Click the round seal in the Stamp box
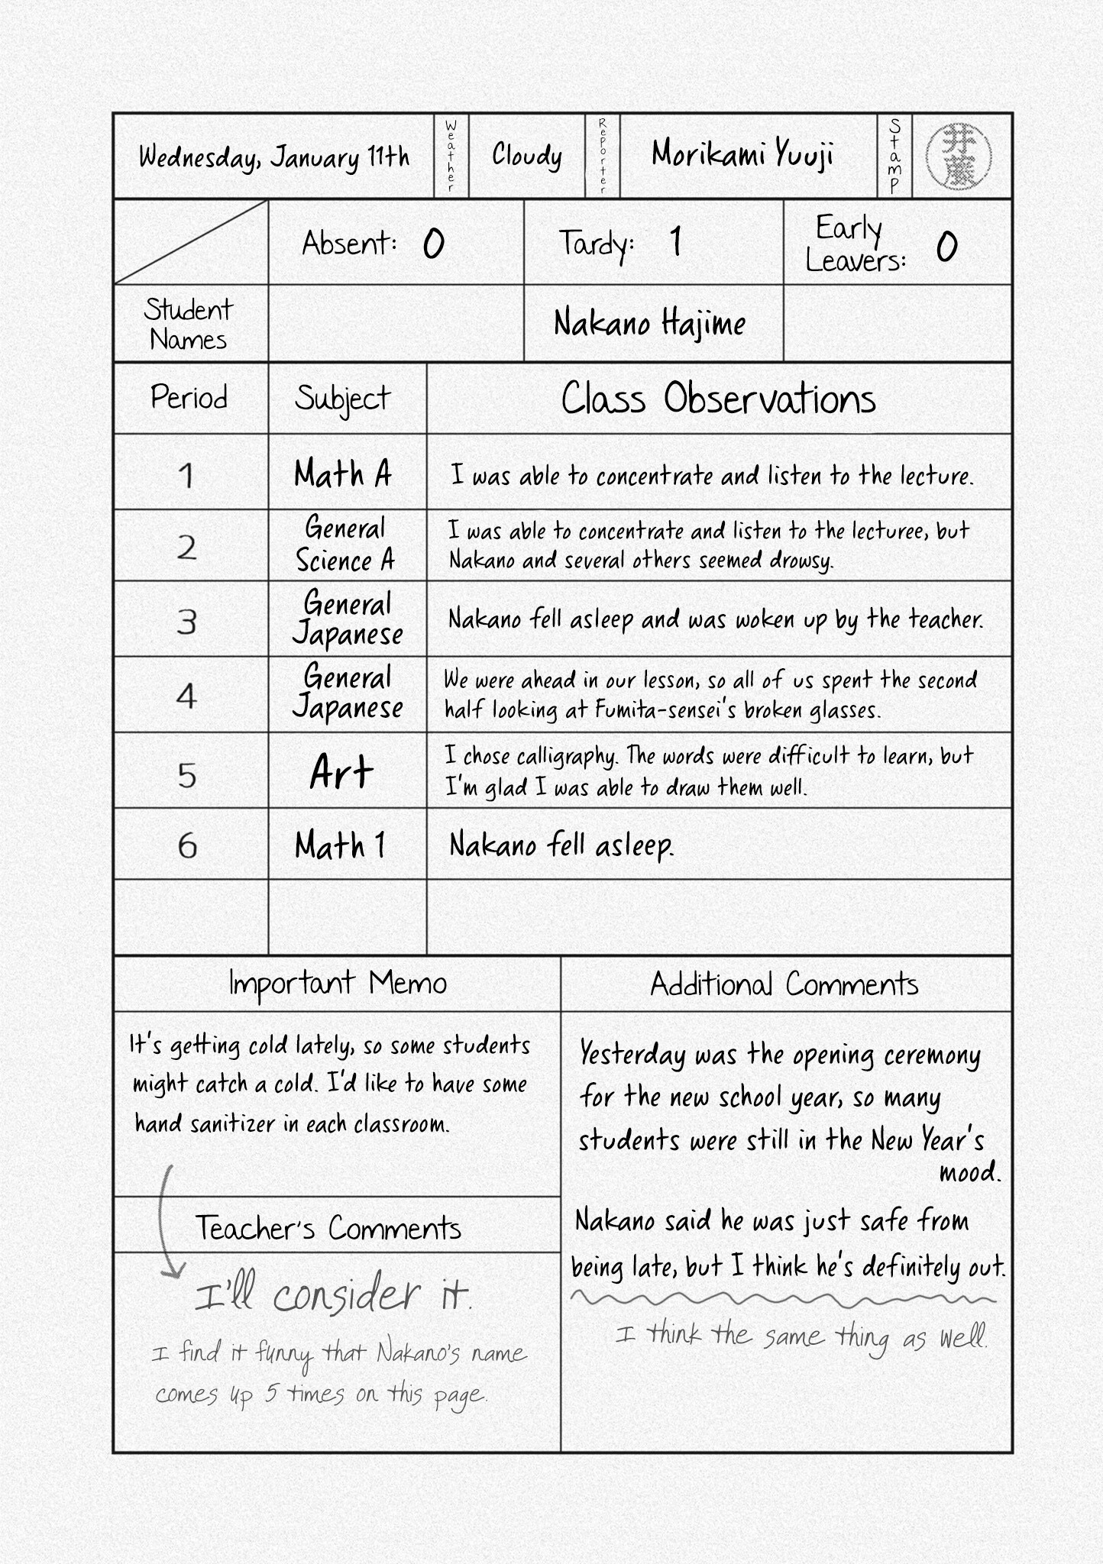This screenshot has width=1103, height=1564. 959,157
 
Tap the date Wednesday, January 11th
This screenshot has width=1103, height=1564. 274,157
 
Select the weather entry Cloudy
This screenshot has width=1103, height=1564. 527,156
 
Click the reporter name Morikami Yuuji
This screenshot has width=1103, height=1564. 742,155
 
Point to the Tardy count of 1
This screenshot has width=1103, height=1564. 675,242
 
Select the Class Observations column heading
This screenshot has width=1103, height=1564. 718,399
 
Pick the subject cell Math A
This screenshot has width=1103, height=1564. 343,474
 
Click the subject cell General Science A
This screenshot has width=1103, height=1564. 345,544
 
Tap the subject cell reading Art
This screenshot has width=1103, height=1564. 341,772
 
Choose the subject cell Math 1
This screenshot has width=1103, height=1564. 340,845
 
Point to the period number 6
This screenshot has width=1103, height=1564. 187,845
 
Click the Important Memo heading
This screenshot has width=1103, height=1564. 338,984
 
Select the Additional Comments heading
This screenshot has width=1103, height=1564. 784,984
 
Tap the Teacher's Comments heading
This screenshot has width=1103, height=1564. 328,1228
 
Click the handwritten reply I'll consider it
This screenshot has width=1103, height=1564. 333,1296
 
